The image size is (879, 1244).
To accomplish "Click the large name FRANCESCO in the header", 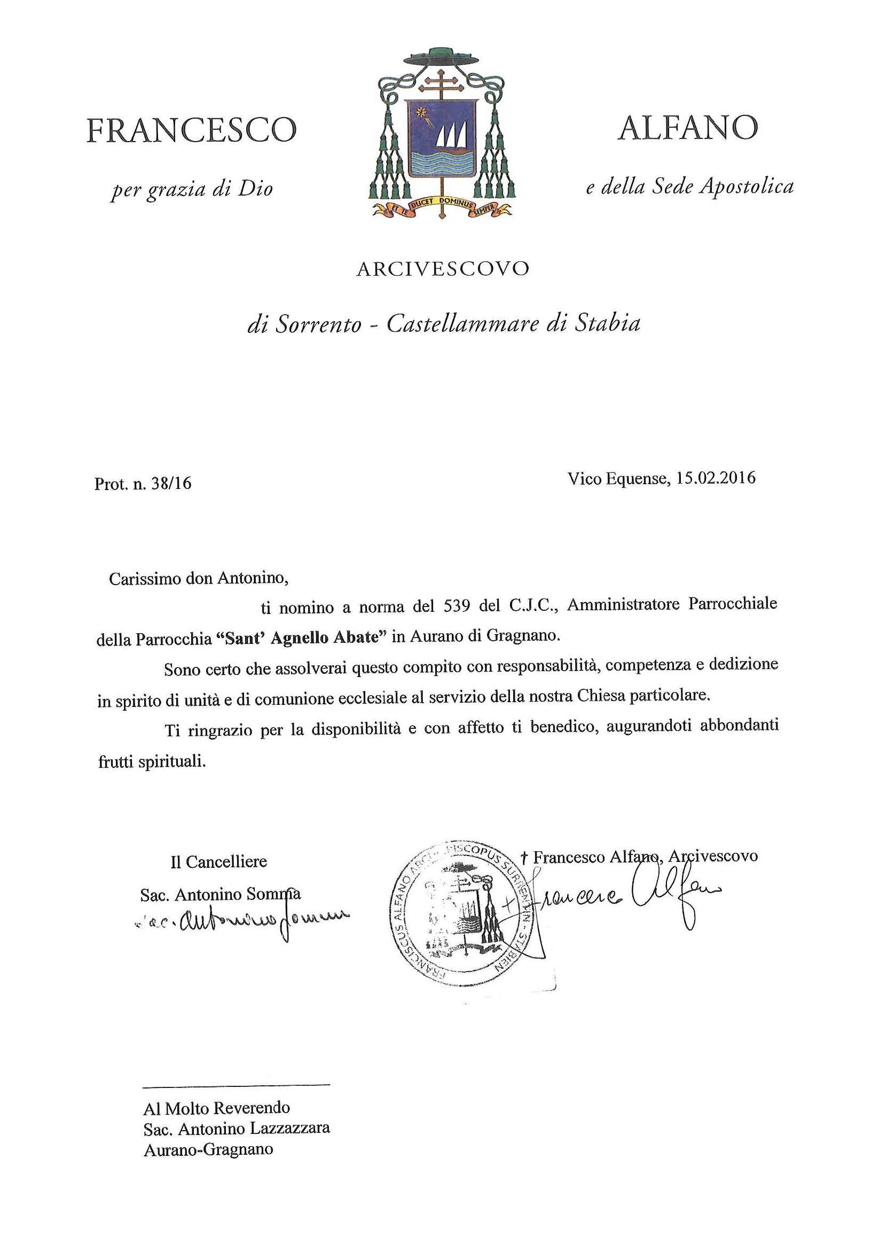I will (192, 130).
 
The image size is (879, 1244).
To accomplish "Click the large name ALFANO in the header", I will (687, 128).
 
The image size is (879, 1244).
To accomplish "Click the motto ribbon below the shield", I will (441, 206).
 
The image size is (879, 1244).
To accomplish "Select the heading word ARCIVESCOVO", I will (442, 269).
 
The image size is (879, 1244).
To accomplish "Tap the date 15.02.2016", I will (716, 478).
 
